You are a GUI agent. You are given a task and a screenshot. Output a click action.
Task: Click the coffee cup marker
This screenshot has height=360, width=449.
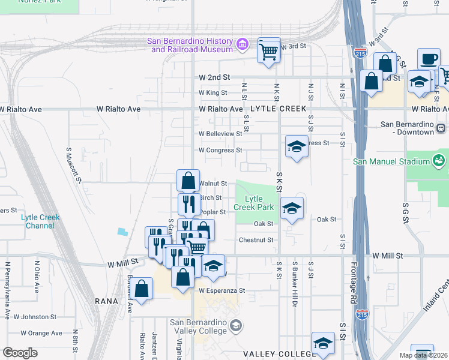[x=428, y=60]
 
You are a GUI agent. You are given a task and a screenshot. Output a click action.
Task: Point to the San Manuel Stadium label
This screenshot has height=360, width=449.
[x=391, y=161]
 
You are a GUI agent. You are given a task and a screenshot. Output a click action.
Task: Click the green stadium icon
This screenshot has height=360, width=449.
[x=438, y=160]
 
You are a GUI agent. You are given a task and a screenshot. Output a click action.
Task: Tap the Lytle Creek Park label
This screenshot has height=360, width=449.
[x=253, y=203]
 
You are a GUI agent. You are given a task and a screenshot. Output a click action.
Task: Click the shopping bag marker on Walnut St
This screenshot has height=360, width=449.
[x=188, y=181]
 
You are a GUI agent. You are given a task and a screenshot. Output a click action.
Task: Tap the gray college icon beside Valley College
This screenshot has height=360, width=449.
[x=236, y=325]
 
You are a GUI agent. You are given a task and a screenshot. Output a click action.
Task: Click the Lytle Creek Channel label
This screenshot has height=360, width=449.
[x=37, y=221]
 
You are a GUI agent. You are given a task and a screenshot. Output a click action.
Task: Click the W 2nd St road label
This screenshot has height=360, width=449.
[x=214, y=77]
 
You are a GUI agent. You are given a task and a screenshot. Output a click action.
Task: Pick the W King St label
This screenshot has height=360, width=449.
[x=213, y=93]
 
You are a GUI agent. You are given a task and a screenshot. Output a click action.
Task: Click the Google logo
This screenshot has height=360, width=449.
[x=20, y=353]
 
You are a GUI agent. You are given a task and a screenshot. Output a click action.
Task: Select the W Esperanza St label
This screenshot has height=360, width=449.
[x=223, y=290]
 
